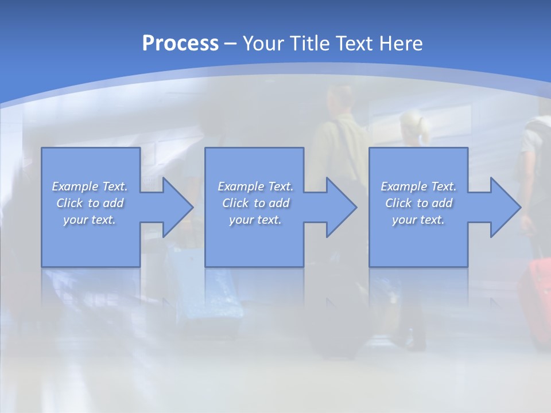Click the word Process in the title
180,44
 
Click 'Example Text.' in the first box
90,186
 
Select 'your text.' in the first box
90,220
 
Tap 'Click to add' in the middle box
255,203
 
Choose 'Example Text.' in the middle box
255,186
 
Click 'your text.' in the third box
418,220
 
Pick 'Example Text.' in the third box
418,186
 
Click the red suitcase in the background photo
537,298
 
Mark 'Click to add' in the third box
418,203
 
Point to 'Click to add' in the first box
90,203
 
